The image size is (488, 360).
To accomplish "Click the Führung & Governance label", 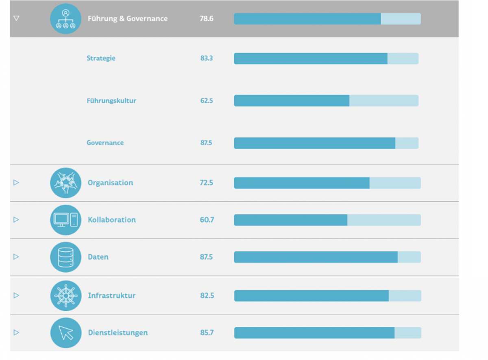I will [127, 19].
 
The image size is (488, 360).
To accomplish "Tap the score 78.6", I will [207, 19].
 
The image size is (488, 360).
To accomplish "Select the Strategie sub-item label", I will [101, 58].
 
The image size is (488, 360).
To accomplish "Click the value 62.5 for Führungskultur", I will [207, 100].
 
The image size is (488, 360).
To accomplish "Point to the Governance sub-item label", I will [105, 143].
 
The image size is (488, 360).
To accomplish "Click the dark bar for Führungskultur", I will [291, 100].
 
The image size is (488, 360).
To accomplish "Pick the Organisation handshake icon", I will [65, 183].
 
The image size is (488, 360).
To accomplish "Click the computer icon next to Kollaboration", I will [65, 220].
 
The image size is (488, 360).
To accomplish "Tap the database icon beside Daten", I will [65, 257].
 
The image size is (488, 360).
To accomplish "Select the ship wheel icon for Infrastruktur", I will [65, 296].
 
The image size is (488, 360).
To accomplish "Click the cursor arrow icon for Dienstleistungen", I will [65, 333].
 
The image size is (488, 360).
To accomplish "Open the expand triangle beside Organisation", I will [16, 183].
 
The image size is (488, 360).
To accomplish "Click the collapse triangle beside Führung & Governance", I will [16, 19].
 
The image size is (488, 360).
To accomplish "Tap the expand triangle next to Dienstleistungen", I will [16, 333].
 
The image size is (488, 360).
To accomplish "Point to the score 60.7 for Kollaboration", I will [207, 220].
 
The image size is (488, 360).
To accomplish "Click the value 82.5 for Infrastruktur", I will [207, 296].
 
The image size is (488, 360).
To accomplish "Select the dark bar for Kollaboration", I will [290, 220].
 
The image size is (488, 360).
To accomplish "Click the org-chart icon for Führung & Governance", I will [65, 19].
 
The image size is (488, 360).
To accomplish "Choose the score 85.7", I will [207, 333].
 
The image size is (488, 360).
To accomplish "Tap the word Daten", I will [98, 257].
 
